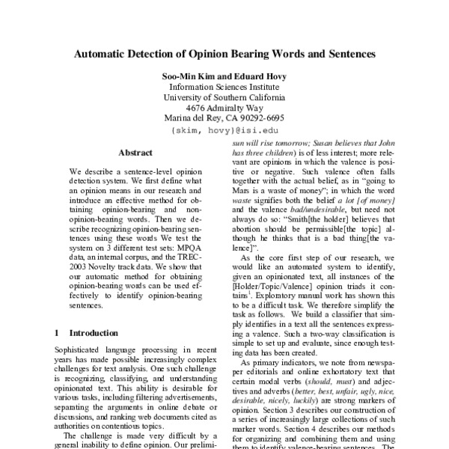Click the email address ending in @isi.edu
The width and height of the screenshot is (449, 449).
click(224, 129)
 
